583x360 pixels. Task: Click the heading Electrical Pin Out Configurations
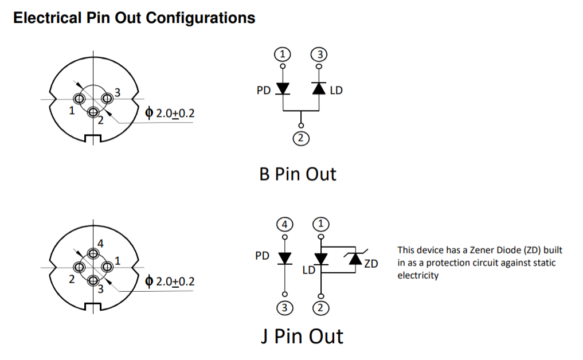[x=134, y=18]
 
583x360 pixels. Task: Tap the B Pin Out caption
[x=298, y=174]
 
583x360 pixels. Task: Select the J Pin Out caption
[x=302, y=336]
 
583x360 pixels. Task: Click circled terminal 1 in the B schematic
[x=282, y=55]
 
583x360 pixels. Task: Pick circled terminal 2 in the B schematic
[x=300, y=138]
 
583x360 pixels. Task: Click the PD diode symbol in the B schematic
[x=283, y=89]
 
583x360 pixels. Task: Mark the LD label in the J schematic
[x=308, y=269]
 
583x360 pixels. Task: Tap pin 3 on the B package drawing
[x=106, y=98]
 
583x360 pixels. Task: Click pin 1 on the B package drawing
[x=79, y=99]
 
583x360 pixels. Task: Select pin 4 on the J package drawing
[x=93, y=253]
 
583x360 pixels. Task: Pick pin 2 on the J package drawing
[x=79, y=267]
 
